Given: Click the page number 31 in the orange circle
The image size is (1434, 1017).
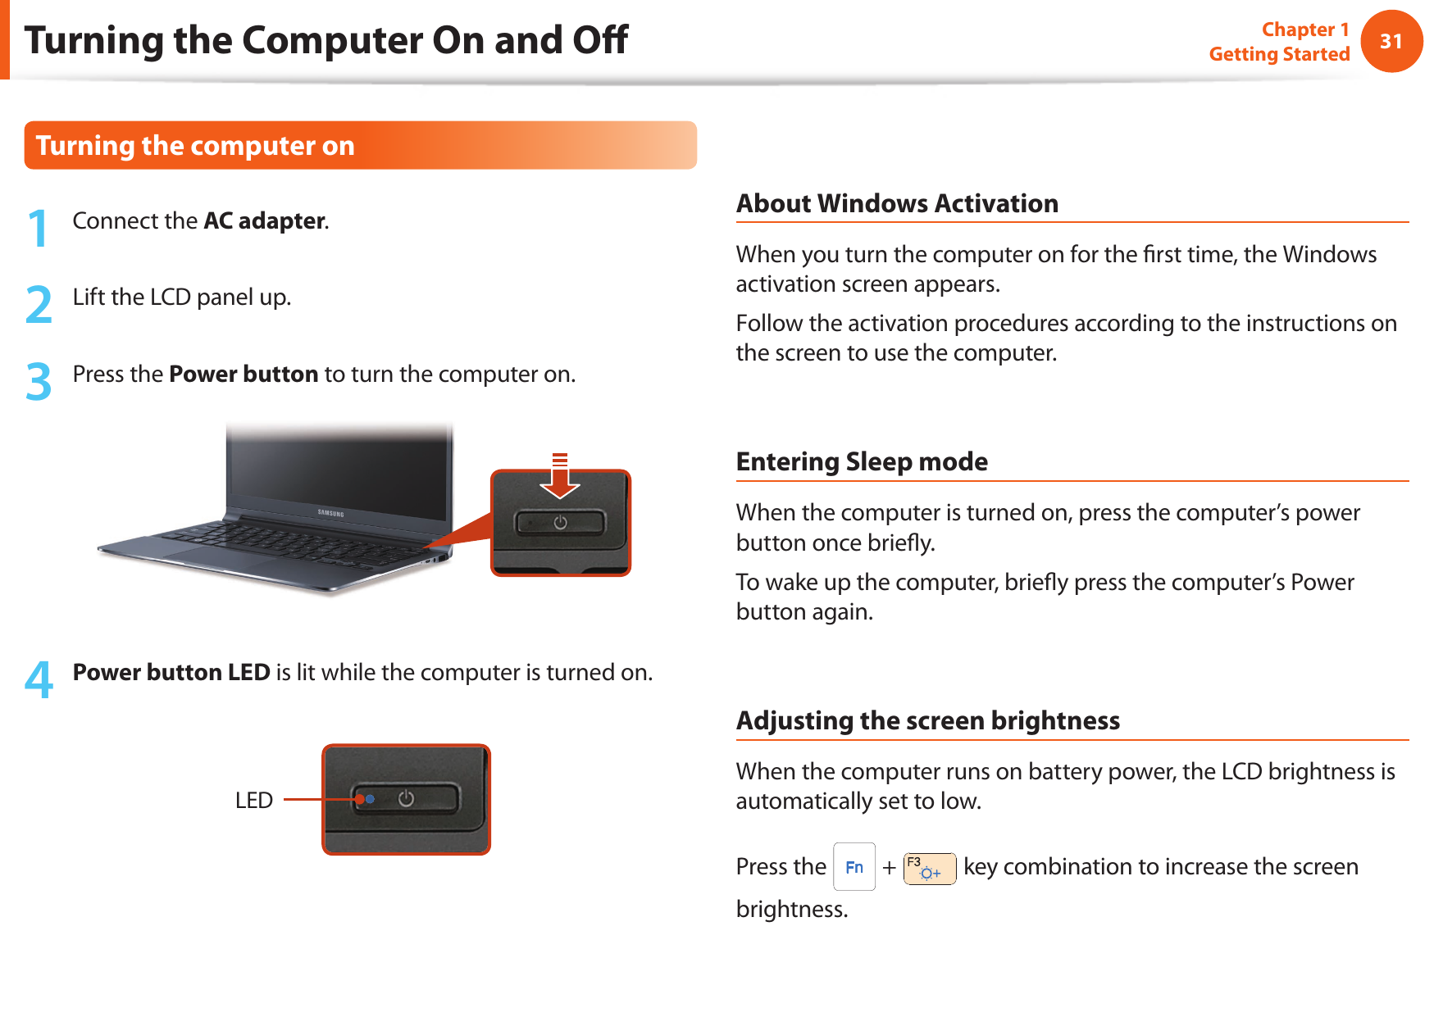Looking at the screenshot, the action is tap(1391, 41).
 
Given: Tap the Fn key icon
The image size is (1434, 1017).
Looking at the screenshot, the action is tap(854, 867).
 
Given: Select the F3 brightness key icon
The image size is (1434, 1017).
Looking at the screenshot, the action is tap(929, 869).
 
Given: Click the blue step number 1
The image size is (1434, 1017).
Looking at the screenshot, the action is tap(38, 228).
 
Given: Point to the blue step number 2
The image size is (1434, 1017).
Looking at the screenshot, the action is tap(39, 304).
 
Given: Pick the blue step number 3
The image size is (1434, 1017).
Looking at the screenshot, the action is tap(39, 381).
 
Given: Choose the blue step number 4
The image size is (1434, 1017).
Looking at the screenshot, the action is tap(39, 679).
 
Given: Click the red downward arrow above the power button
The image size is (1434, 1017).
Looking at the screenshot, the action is tap(560, 478).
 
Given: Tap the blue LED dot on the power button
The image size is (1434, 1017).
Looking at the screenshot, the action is tap(370, 798).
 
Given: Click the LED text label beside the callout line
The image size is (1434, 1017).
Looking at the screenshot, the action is tap(253, 800).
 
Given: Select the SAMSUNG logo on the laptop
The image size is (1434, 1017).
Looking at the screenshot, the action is tap(330, 514).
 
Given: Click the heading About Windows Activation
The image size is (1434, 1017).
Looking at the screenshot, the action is tap(897, 203).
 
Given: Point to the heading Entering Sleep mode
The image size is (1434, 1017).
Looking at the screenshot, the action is tap(862, 461).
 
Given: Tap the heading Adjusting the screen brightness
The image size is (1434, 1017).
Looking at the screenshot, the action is tap(927, 720).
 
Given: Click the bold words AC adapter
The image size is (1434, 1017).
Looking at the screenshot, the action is tap(264, 220).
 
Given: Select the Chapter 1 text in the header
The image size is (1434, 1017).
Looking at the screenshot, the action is tap(1304, 30).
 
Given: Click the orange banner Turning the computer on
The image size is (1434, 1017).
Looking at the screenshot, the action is tap(195, 146).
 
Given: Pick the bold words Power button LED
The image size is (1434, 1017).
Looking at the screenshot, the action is tap(171, 672).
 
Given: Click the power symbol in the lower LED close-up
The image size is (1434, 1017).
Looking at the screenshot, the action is tap(406, 798).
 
